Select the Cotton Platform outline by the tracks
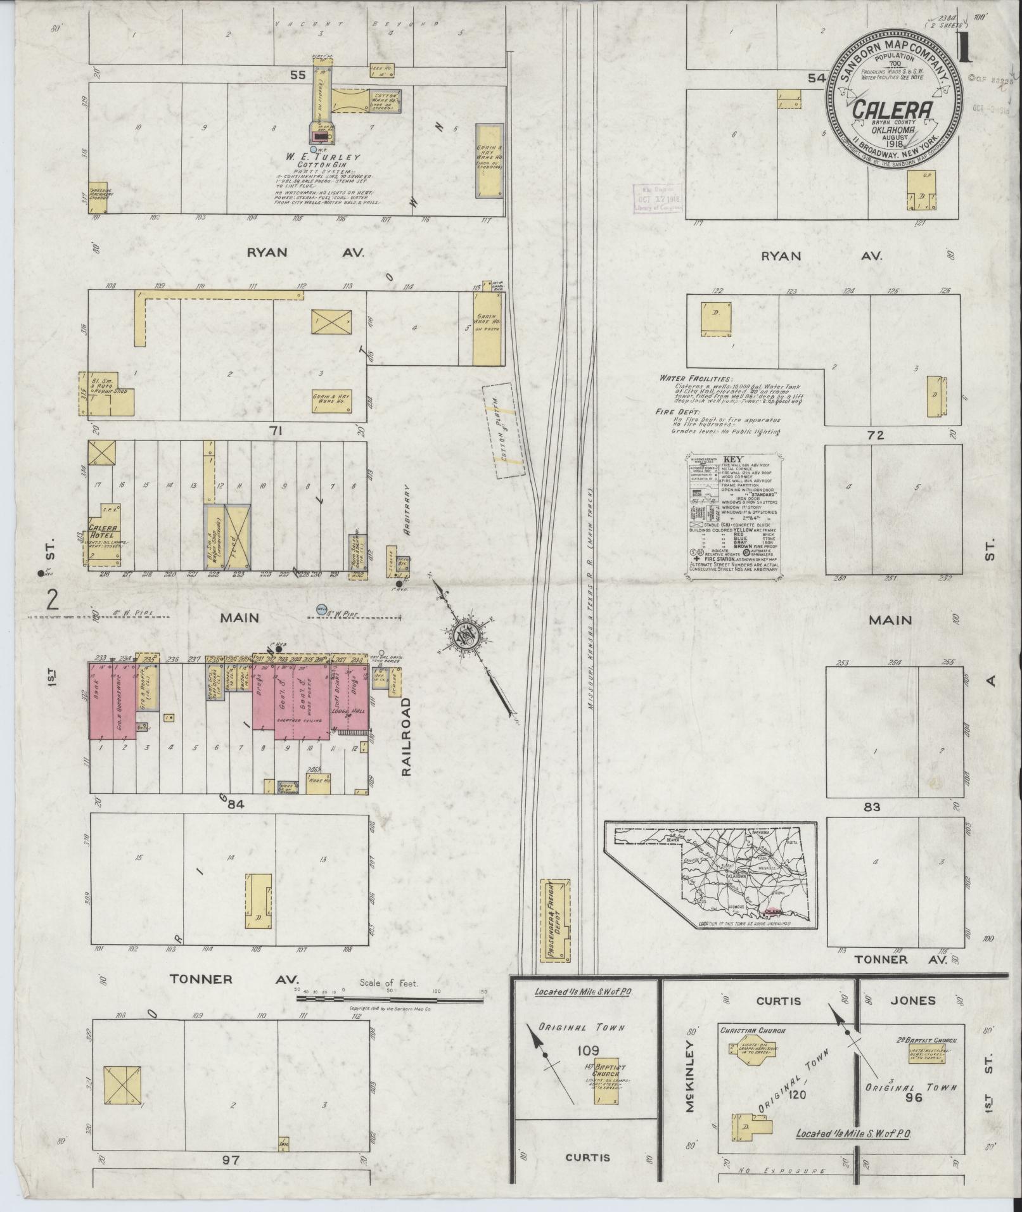coord(505,431)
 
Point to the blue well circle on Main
coord(322,609)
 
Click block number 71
coord(274,431)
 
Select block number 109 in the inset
coord(589,1051)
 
